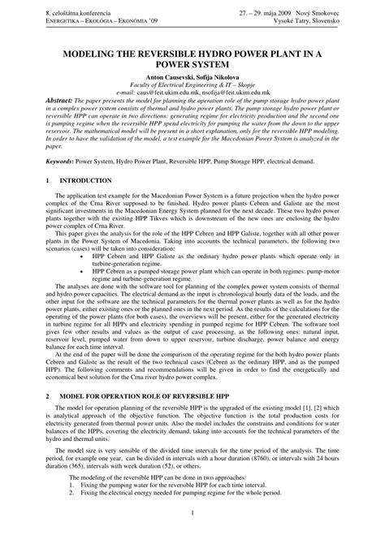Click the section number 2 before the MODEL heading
pyautogui.click(x=49, y=395)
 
